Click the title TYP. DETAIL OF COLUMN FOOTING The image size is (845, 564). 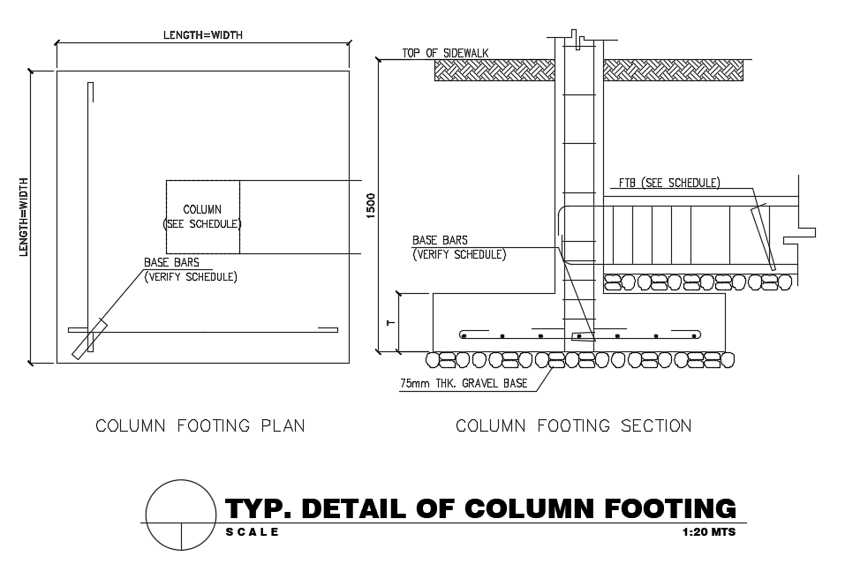(480, 509)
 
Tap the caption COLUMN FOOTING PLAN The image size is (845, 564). (200, 426)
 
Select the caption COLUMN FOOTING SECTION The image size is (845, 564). (573, 426)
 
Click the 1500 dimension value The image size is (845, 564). (372, 204)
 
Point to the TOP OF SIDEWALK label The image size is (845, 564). (445, 53)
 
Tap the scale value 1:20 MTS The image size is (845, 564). (709, 532)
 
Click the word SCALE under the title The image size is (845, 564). (253, 532)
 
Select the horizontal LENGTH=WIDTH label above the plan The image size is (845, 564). (202, 35)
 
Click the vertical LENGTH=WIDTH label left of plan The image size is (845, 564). (24, 217)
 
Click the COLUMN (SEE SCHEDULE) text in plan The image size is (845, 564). (202, 216)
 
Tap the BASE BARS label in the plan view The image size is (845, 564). (172, 262)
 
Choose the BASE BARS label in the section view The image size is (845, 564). (440, 240)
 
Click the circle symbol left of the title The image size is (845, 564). (180, 515)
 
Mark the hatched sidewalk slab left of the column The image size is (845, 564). (494, 71)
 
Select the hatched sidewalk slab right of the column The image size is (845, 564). (674, 71)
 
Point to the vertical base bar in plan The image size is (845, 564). (90, 203)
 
